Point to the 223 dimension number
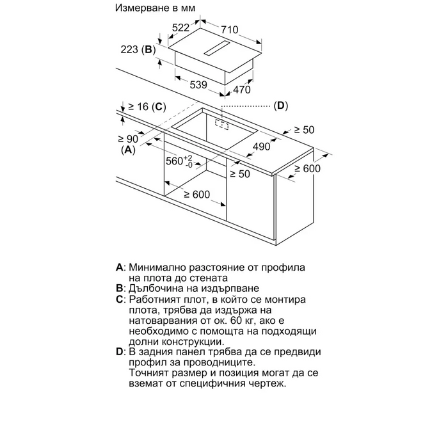tap(130, 50)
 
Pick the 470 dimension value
tap(241, 90)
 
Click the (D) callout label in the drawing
tap(281, 106)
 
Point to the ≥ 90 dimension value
tap(129, 138)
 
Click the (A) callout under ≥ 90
tap(129, 150)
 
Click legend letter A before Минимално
tap(120, 266)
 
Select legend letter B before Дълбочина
tap(120, 289)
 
